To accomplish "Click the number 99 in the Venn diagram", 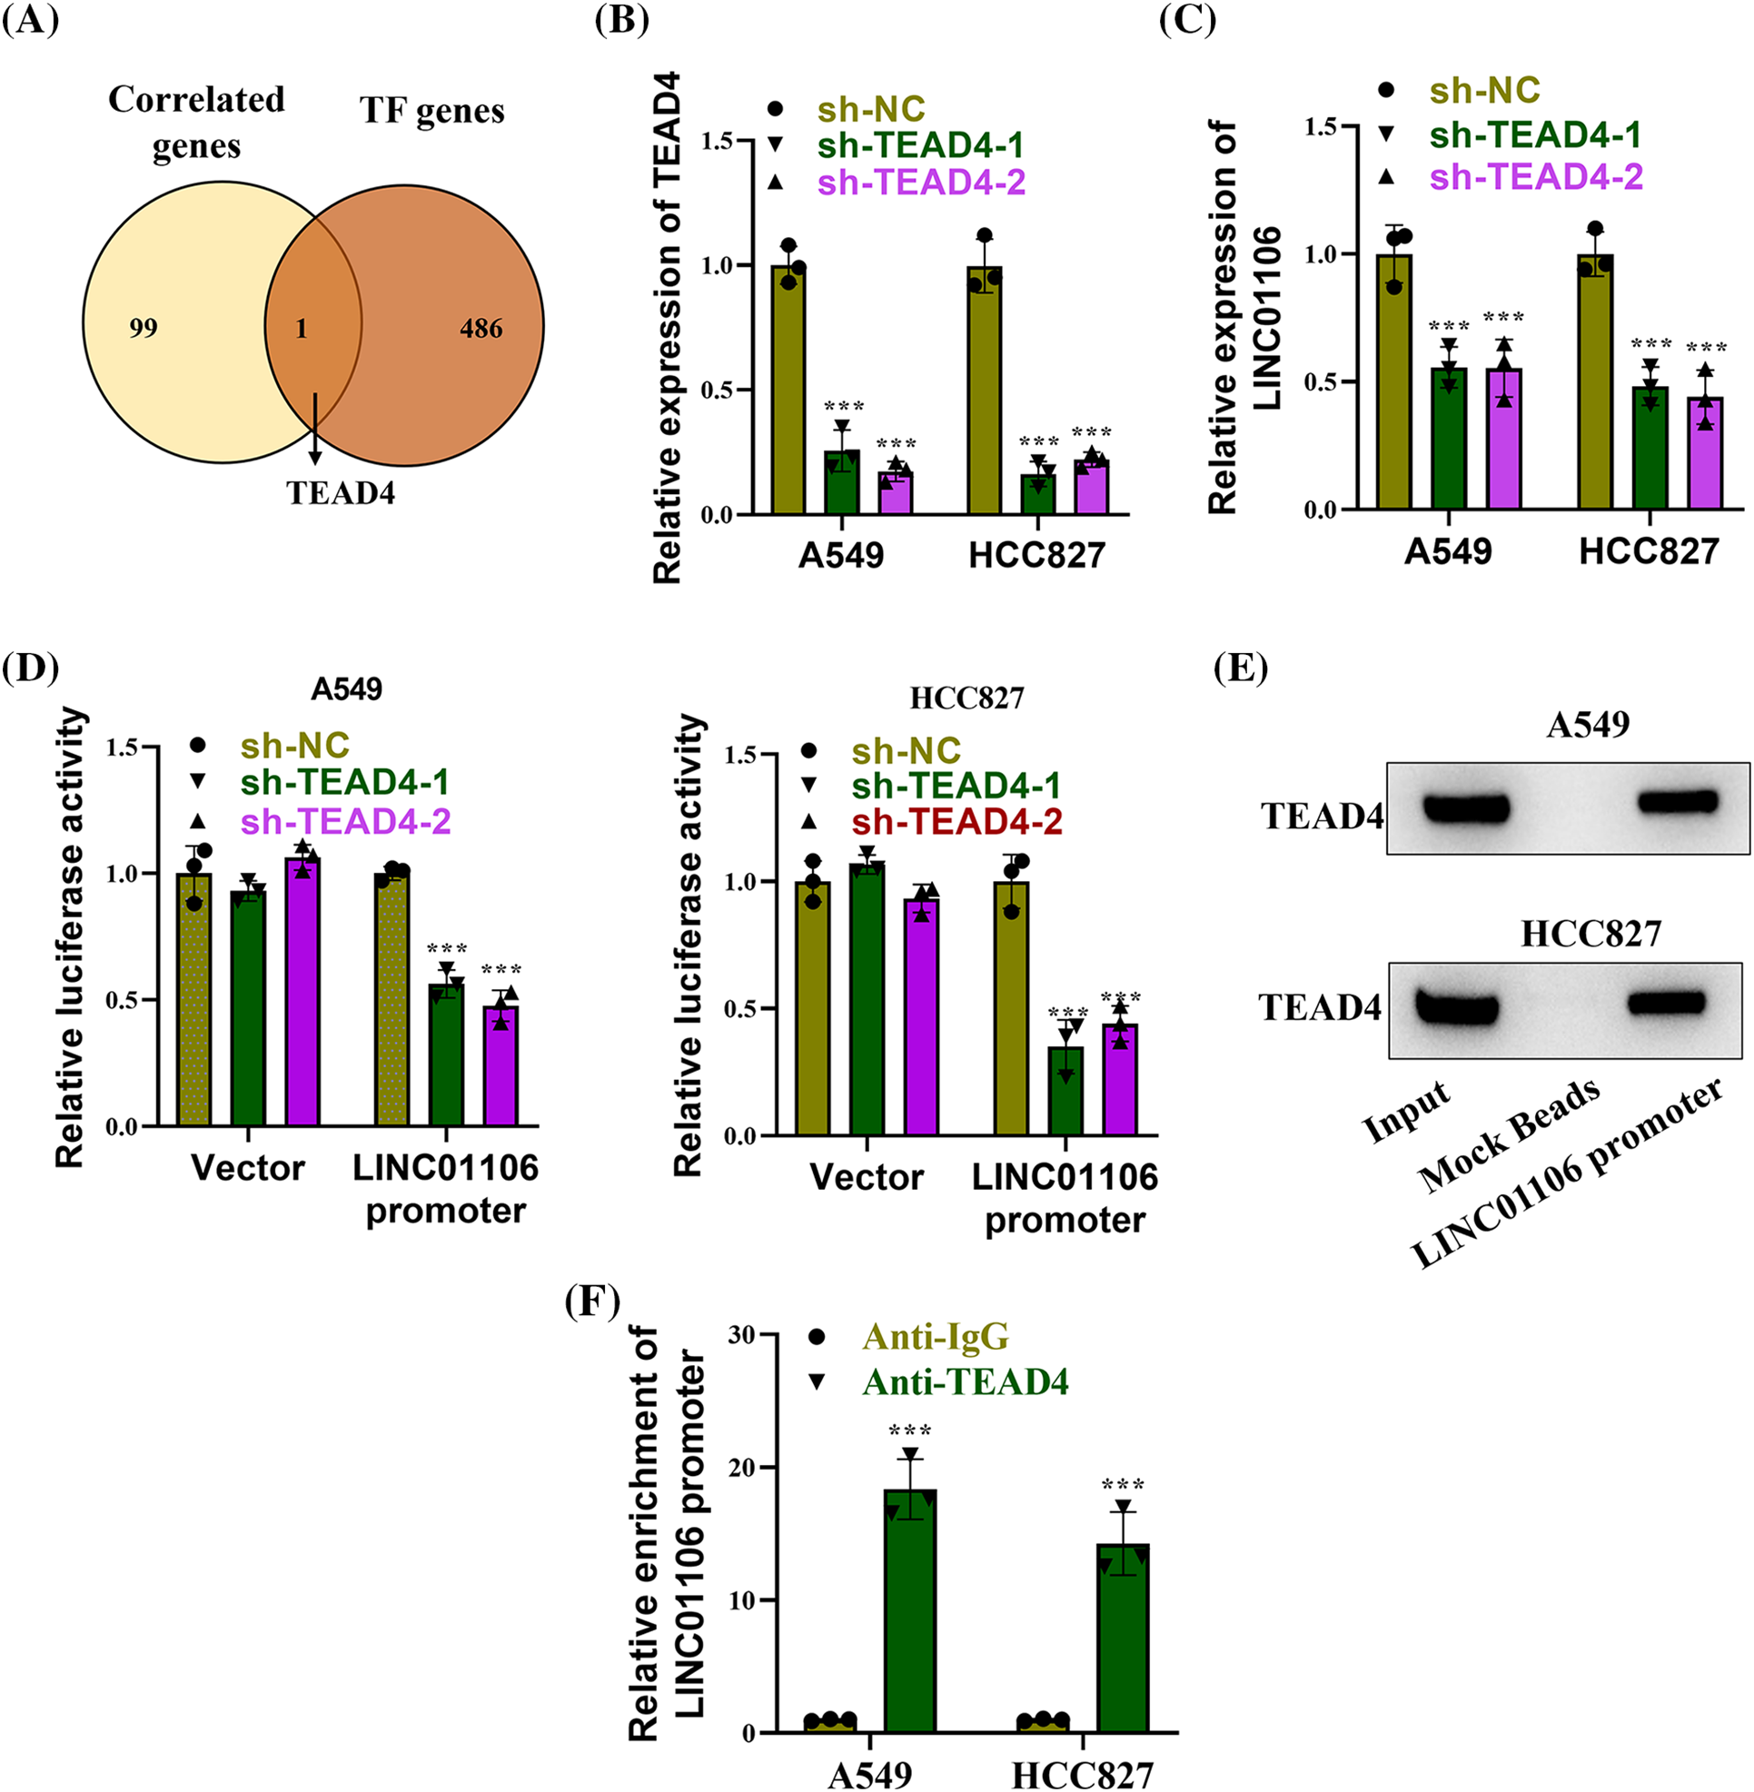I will point(144,328).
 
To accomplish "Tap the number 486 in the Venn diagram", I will point(481,328).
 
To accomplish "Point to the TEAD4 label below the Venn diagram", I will point(341,494).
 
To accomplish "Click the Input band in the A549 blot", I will point(1466,808).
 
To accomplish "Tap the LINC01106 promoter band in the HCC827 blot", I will point(1673,1003).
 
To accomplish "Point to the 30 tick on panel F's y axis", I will point(740,1335).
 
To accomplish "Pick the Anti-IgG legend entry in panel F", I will point(935,1336).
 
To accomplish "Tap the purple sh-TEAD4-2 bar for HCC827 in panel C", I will point(1705,453).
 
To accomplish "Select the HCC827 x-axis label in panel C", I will point(1649,551).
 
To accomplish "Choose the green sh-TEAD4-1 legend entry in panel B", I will point(920,145).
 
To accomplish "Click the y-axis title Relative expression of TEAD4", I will point(667,327).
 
